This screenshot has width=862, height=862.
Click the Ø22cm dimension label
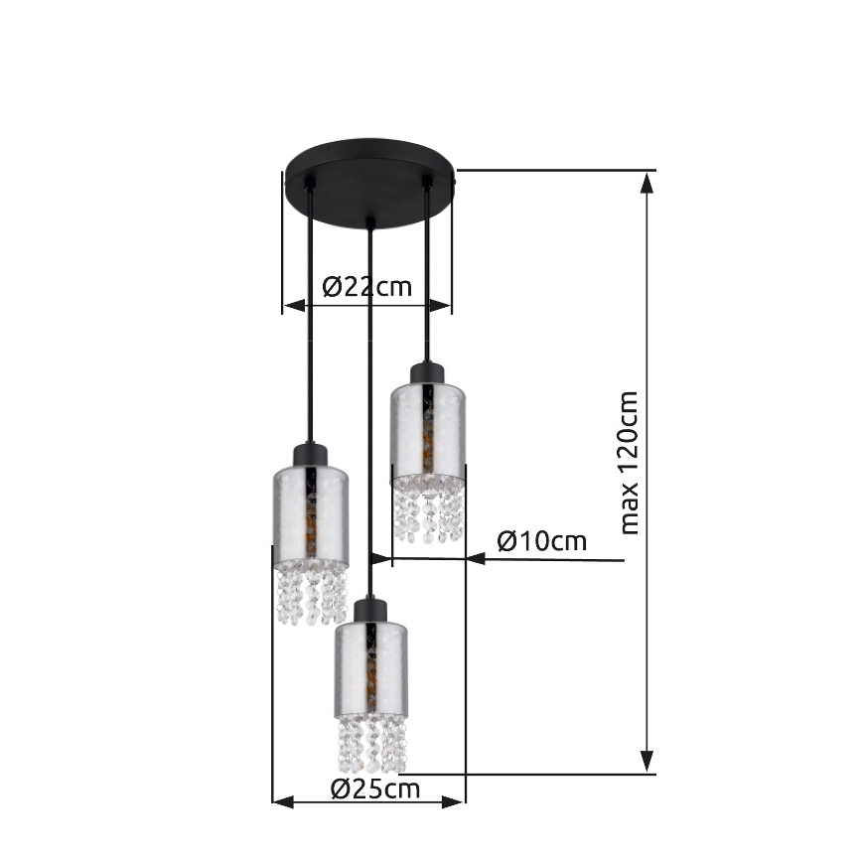click(367, 287)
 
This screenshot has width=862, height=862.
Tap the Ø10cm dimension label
click(542, 542)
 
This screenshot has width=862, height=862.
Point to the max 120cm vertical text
click(630, 462)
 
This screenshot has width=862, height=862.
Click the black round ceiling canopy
click(368, 179)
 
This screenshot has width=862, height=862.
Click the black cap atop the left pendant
click(310, 455)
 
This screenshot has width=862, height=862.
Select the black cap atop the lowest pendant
click(369, 609)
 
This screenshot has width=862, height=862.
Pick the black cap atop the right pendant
click(428, 373)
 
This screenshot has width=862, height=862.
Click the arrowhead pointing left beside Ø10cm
click(476, 560)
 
